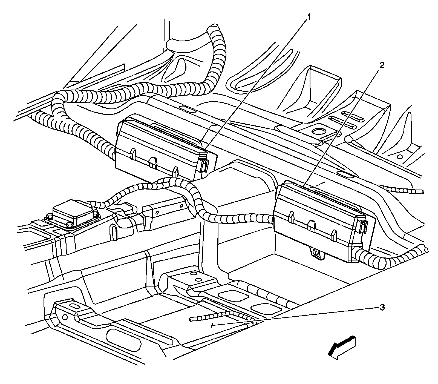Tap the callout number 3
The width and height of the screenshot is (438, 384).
[382, 308]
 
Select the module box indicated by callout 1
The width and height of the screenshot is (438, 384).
[159, 148]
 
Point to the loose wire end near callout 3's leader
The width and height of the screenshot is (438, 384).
[192, 319]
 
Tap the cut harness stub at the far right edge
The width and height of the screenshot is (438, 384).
[422, 192]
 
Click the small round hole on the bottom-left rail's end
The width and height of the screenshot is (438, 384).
[65, 317]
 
